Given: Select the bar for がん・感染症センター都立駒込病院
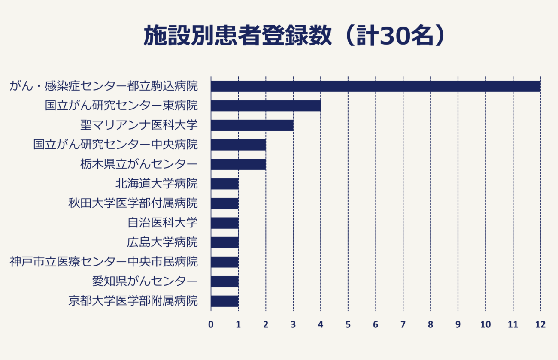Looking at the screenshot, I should point(376,86).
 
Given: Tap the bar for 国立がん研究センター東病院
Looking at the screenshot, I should point(266,106).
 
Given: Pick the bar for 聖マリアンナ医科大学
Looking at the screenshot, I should point(252,125).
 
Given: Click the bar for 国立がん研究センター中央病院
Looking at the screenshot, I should point(238,145).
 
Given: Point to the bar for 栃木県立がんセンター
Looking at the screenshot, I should point(238,164).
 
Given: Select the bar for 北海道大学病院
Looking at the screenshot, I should point(224,184).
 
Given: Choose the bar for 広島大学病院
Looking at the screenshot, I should point(224,242).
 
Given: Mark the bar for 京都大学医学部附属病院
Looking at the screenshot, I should point(224,301).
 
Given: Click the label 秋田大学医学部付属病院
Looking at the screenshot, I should point(133,203).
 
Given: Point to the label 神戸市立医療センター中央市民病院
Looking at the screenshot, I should point(103,262).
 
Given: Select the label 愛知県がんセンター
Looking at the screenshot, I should point(145,281).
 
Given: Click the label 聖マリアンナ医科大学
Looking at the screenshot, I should point(139,125).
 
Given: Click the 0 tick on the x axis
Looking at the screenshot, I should point(211,325).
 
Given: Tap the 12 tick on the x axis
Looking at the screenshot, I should point(540,325).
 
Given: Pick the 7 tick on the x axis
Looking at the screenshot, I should point(403,325).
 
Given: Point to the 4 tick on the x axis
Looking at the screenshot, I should point(321,325).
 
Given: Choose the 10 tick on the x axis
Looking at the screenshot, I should point(485,325).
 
